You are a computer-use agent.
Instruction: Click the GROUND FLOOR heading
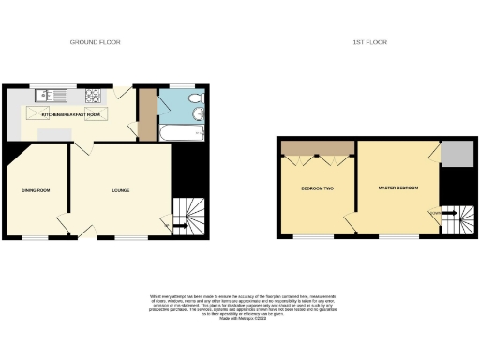pos(96,42)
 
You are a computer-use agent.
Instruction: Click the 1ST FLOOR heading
pos(370,42)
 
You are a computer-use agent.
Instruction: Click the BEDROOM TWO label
pos(317,188)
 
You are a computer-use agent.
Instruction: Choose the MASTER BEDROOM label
pos(397,188)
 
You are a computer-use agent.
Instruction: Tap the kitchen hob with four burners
pos(93,95)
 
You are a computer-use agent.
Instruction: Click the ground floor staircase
pos(188,218)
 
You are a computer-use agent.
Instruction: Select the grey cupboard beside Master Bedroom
pos(457,153)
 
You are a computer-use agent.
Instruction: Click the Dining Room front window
pos(36,237)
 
